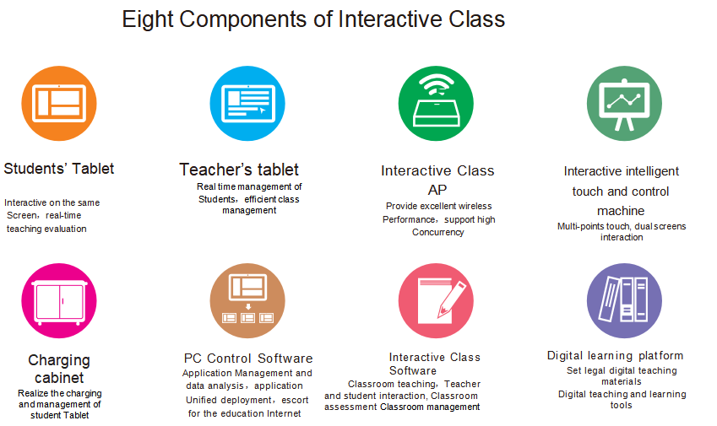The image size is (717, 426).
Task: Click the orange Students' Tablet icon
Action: pyautogui.click(x=59, y=103)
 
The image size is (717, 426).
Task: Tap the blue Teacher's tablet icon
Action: pyautogui.click(x=247, y=103)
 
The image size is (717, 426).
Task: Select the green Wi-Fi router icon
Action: pyautogui.click(x=436, y=103)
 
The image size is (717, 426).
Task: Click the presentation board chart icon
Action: pyautogui.click(x=624, y=103)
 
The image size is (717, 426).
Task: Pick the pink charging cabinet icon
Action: pyautogui.click(x=59, y=300)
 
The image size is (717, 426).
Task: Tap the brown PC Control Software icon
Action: pyautogui.click(x=247, y=300)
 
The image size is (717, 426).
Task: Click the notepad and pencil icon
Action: pyautogui.click(x=436, y=300)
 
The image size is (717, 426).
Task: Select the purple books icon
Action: pyautogui.click(x=624, y=300)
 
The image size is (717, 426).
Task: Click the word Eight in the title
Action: pyautogui.click(x=147, y=20)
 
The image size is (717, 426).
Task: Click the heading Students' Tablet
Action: pyautogui.click(x=58, y=169)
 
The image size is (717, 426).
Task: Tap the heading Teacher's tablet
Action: pyautogui.click(x=239, y=170)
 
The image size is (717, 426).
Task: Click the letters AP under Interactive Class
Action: pyautogui.click(x=437, y=190)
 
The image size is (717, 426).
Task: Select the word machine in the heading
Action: pyautogui.click(x=621, y=211)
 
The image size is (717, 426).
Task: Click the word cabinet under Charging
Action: pyautogui.click(x=59, y=378)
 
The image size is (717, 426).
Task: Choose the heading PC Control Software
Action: pyautogui.click(x=248, y=359)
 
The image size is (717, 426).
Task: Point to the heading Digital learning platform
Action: pyautogui.click(x=615, y=356)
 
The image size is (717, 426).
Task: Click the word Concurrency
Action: pyautogui.click(x=437, y=233)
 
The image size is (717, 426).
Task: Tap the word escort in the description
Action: pyautogui.click(x=295, y=400)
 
